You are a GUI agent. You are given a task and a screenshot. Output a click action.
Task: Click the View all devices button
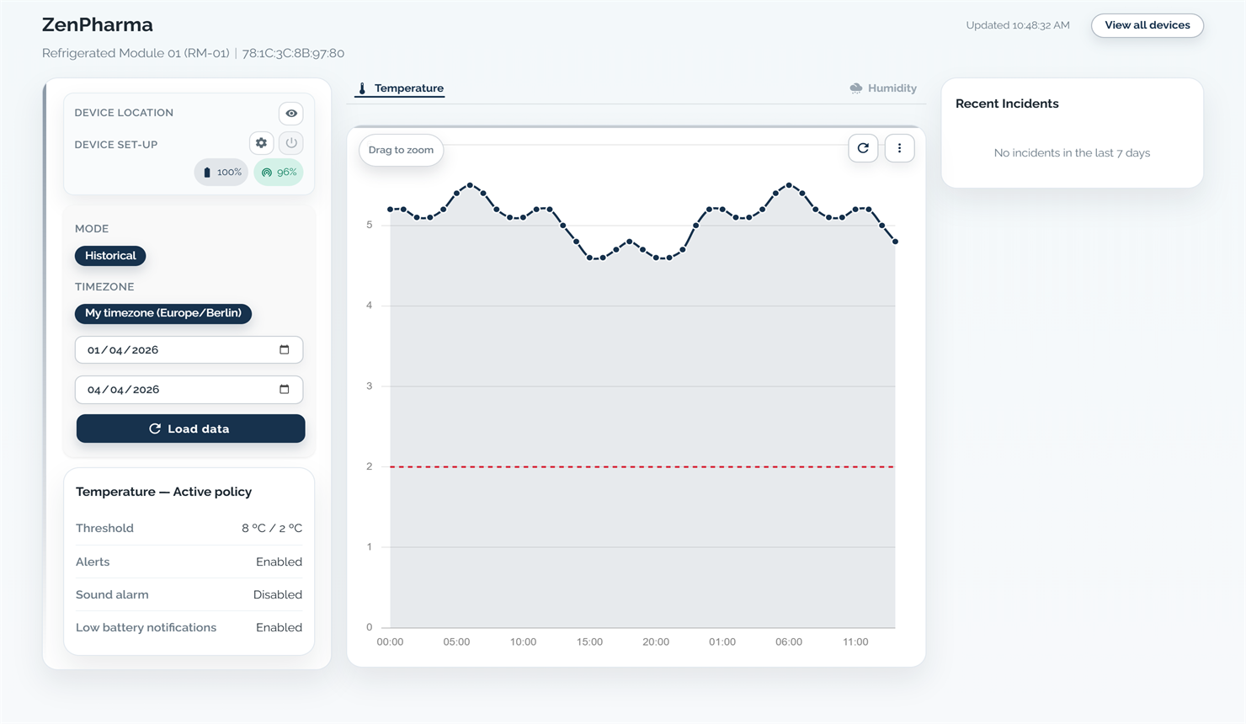point(1147,25)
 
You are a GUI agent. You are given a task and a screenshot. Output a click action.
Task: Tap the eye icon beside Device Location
point(291,114)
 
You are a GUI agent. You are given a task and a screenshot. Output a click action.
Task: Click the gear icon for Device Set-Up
point(261,143)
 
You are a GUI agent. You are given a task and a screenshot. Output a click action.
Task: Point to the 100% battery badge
point(221,173)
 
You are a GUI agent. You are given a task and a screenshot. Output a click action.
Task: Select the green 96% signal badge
point(279,173)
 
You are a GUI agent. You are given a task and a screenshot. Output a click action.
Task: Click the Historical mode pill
point(110,256)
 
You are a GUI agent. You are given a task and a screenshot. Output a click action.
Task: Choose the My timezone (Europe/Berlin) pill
point(162,313)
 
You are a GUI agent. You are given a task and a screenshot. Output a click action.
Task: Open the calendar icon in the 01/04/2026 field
point(285,350)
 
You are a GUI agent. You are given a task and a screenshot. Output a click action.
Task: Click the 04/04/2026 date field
point(177,390)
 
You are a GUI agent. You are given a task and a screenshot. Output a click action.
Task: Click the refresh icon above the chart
point(863,148)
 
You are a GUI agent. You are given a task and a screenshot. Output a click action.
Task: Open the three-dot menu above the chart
point(899,148)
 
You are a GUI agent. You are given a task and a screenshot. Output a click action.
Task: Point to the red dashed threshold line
point(640,466)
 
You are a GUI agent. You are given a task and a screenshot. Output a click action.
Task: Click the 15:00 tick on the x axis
point(589,641)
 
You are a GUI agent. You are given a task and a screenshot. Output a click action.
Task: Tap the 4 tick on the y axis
point(370,306)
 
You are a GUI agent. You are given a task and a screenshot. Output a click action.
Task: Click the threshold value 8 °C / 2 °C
point(271,529)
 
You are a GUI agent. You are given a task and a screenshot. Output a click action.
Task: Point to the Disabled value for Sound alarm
point(277,595)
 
